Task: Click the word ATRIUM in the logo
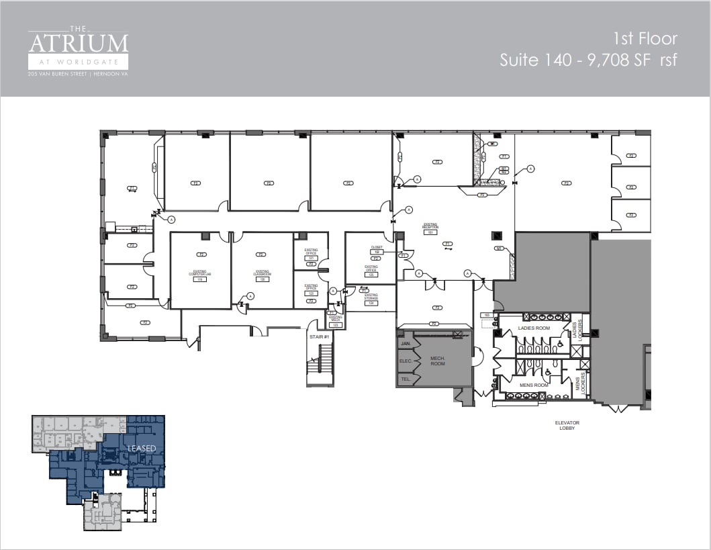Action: point(78,44)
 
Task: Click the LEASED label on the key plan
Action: point(142,448)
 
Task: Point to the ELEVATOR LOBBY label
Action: point(567,426)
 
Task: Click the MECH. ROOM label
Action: point(438,361)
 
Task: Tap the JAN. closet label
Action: point(406,344)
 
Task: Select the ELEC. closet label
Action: point(406,361)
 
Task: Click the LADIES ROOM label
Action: point(534,328)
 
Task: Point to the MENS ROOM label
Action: point(534,385)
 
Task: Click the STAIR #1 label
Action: point(318,336)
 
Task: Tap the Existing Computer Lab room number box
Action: point(200,279)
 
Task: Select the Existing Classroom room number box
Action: point(262,279)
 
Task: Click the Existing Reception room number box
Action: point(430,232)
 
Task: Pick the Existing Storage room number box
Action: point(371,303)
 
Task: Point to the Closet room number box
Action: point(377,252)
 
